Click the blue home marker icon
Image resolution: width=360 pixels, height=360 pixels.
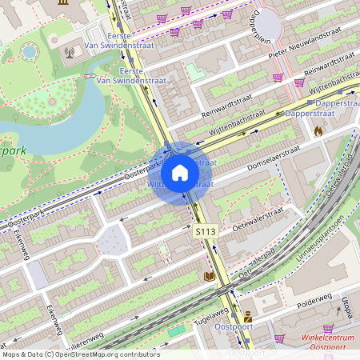click(x=180, y=172)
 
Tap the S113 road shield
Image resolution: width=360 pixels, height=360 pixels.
click(x=206, y=231)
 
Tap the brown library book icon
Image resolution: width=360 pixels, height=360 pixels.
click(x=209, y=275)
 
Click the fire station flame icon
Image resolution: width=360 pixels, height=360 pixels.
click(x=318, y=130)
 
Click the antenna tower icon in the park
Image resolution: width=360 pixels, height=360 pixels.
click(x=70, y=54)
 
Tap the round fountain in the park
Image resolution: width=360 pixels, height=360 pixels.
click(x=30, y=51)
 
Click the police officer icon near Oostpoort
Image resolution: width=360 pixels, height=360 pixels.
click(x=248, y=318)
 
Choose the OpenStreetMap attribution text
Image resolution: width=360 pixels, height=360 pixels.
click(x=80, y=354)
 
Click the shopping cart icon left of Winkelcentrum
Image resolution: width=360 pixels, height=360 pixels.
click(x=279, y=338)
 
